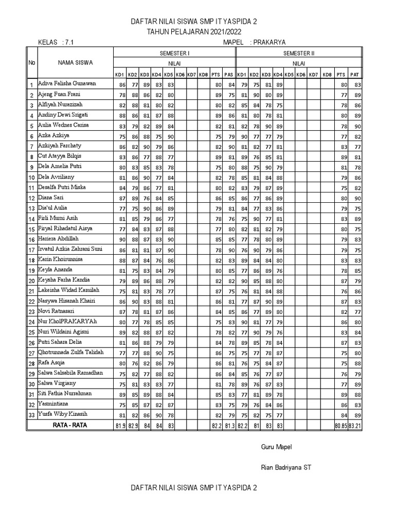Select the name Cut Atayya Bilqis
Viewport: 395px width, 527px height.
pos(59,156)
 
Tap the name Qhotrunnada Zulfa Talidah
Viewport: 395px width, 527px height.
pos(71,352)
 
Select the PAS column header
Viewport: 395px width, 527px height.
pos(229,75)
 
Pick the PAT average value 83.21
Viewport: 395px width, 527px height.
pos(355,426)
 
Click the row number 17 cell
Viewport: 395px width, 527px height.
pos(31,250)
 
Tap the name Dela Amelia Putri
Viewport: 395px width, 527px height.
pos(60,167)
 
